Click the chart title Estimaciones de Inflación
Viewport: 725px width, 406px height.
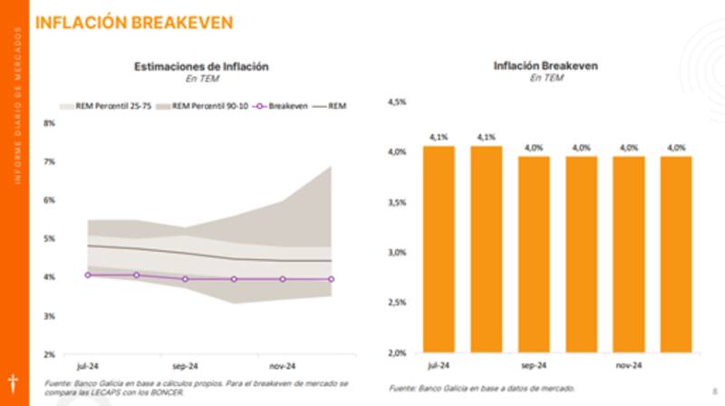(201, 66)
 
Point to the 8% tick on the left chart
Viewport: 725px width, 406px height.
(49, 122)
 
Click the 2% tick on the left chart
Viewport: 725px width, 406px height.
(49, 354)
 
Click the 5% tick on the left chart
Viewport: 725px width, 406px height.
(49, 238)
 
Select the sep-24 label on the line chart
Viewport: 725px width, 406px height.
(185, 366)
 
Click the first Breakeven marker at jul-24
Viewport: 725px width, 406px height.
(88, 275)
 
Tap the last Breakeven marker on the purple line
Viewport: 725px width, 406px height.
(331, 279)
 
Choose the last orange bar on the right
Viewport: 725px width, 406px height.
(675, 255)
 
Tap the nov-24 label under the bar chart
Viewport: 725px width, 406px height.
(628, 366)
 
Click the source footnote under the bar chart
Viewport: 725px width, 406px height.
(481, 388)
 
